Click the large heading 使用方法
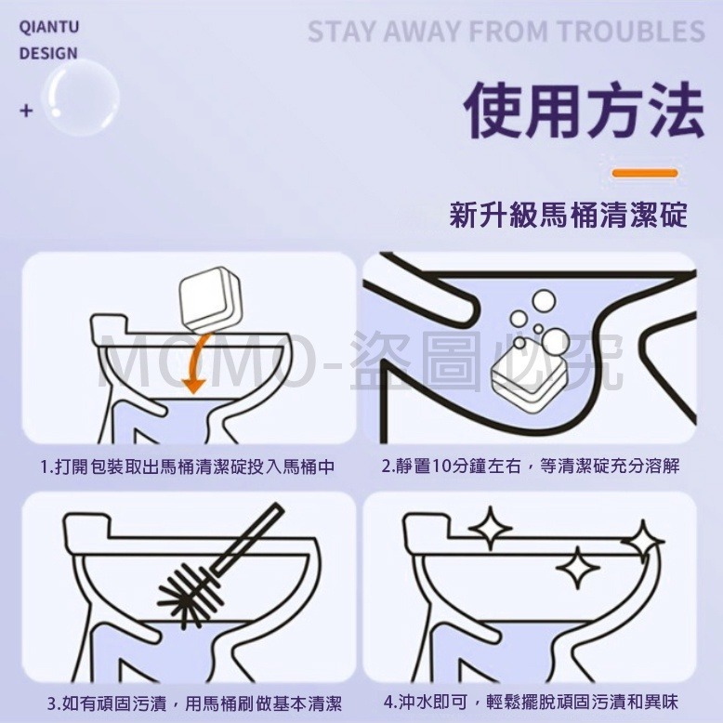click(x=585, y=111)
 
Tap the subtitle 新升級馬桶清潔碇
click(x=569, y=215)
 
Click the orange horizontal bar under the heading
click(x=645, y=174)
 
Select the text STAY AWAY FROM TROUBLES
click(x=506, y=32)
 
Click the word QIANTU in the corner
click(x=49, y=27)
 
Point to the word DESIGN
click(x=48, y=54)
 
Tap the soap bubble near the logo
click(x=81, y=98)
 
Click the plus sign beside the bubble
click(x=27, y=111)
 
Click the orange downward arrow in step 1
click(x=195, y=365)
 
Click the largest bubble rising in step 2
click(x=544, y=302)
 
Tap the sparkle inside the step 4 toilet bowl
click(x=578, y=568)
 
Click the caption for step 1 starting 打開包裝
click(x=188, y=467)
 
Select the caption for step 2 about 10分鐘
click(x=531, y=467)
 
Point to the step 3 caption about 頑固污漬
click(x=194, y=703)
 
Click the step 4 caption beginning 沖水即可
click(x=531, y=703)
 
